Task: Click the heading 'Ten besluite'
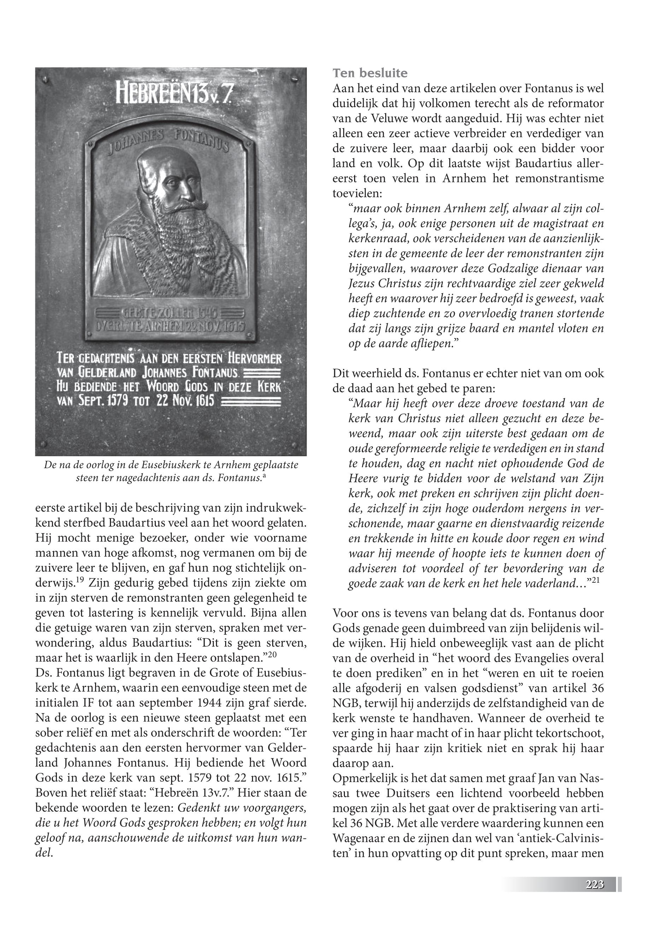click(x=370, y=74)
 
